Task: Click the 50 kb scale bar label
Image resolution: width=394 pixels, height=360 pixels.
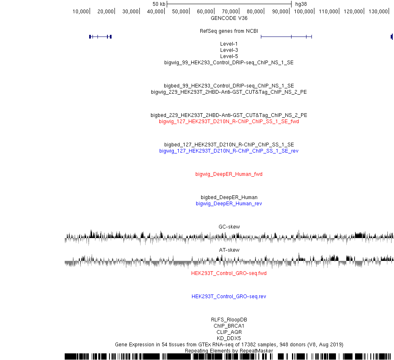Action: [x=159, y=4]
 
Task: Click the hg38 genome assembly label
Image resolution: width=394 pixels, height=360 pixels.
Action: [x=301, y=4]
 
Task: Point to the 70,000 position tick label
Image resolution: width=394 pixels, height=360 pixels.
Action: [x=230, y=11]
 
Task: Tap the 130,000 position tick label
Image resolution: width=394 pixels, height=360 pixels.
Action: [x=378, y=11]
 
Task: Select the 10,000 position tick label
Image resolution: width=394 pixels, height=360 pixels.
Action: [x=80, y=11]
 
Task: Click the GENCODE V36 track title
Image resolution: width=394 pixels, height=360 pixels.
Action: [x=229, y=18]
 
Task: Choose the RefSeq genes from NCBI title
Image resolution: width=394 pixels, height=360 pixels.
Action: [x=229, y=31]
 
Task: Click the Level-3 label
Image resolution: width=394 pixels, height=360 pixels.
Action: [x=229, y=50]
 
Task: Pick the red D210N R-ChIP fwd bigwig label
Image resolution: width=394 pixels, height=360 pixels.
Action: [x=229, y=122]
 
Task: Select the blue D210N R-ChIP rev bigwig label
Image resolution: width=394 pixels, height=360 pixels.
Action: [x=229, y=151]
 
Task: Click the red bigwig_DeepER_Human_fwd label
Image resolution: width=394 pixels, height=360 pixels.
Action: [x=229, y=174]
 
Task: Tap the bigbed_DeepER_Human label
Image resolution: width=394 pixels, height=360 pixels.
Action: [x=229, y=197]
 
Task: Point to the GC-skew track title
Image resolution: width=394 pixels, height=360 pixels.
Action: [x=229, y=226]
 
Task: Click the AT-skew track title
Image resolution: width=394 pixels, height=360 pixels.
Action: [x=229, y=250]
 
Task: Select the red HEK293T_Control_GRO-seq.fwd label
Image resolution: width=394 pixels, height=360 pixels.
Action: [x=229, y=273]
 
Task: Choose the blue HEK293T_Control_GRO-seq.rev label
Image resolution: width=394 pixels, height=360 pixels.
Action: [x=229, y=297]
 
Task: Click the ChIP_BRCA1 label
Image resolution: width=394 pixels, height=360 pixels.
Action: [x=229, y=326]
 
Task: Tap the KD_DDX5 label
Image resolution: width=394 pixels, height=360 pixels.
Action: [x=229, y=338]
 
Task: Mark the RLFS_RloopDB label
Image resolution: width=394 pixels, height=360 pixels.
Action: [x=229, y=319]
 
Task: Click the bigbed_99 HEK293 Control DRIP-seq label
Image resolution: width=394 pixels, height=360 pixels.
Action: [x=229, y=86]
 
